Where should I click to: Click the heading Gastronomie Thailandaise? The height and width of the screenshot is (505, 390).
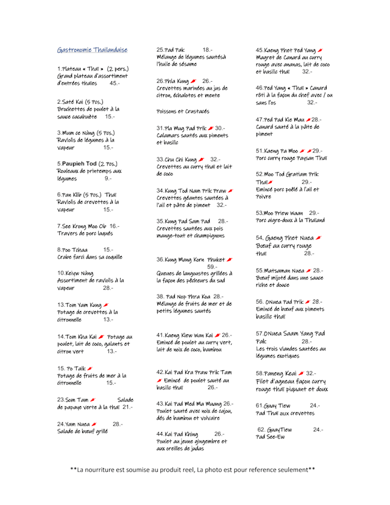(92, 49)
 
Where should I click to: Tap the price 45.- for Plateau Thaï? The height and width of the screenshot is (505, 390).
(115, 83)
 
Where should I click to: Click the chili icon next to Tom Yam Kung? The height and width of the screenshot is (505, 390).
(106, 304)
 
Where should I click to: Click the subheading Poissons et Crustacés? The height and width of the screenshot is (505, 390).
(183, 112)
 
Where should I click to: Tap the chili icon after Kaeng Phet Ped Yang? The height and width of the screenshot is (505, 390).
(320, 49)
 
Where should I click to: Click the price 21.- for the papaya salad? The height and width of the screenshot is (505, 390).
(127, 407)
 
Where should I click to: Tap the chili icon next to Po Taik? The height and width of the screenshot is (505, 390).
(90, 368)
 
